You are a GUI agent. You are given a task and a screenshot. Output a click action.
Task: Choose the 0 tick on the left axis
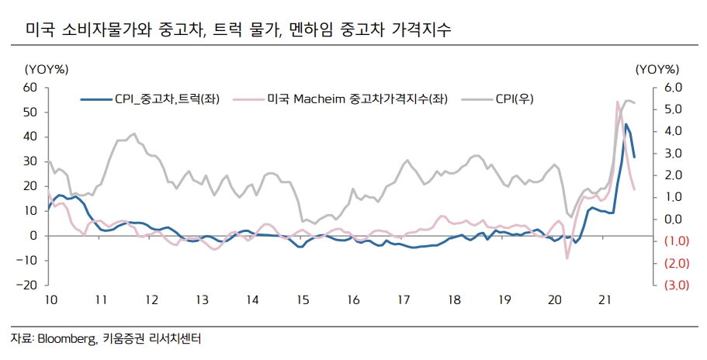click(33, 235)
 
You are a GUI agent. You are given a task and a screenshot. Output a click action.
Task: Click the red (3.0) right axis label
click(672, 286)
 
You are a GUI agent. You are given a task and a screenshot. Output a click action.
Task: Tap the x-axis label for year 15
click(302, 299)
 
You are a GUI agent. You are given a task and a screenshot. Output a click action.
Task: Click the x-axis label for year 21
click(607, 299)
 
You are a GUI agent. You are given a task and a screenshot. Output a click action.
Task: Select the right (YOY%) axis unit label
click(657, 70)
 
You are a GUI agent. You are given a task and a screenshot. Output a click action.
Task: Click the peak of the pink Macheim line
click(618, 102)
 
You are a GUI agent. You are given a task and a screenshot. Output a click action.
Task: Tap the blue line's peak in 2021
click(626, 124)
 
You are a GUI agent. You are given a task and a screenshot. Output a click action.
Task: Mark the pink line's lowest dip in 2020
click(567, 258)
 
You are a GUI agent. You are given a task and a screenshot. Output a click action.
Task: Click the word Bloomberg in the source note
click(66, 339)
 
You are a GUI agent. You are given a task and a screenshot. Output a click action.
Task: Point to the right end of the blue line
click(634, 157)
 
